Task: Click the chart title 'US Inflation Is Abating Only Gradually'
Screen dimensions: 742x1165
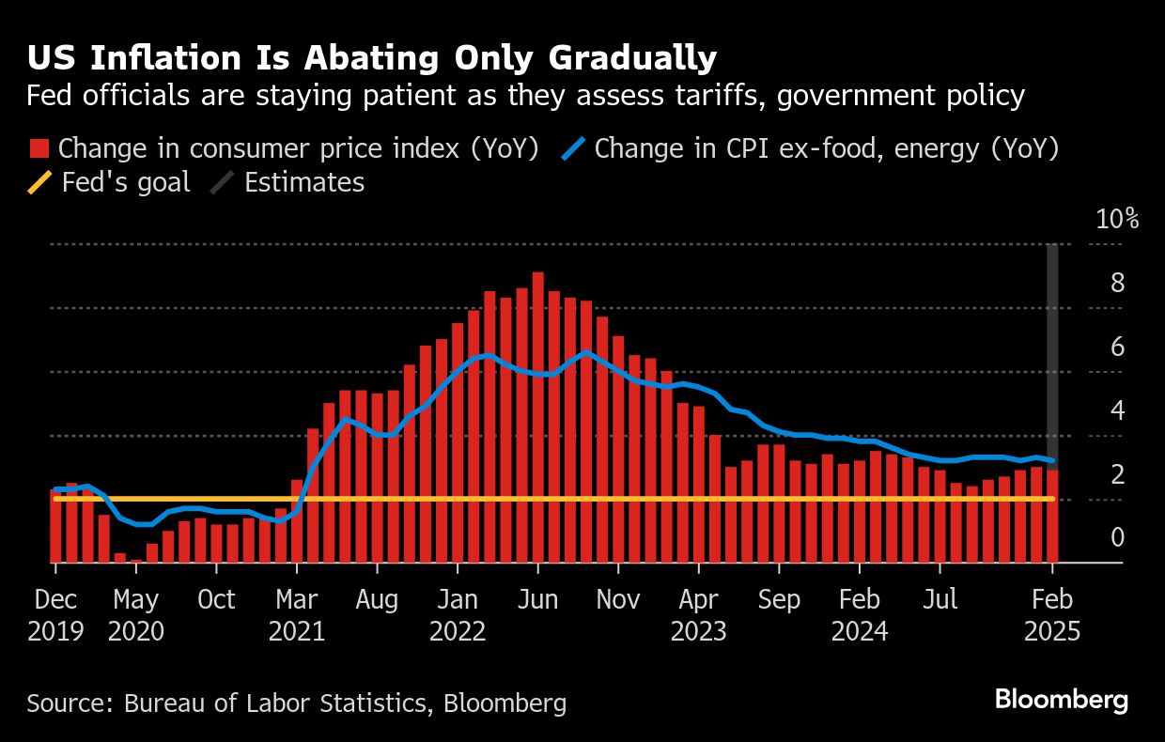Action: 371,58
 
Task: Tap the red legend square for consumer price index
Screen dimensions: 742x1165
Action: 39,148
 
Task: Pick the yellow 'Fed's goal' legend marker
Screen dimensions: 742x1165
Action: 39,181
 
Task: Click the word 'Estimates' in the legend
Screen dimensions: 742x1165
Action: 303,181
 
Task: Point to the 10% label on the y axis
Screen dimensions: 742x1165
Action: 1117,220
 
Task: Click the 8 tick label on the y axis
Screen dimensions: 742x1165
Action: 1117,284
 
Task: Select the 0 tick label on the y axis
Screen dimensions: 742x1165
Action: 1117,537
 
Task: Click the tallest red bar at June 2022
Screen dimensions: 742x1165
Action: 538,413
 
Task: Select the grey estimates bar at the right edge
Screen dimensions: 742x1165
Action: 1053,348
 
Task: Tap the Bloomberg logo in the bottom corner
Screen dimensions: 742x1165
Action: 1061,700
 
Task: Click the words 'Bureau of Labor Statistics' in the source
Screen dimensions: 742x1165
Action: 264,703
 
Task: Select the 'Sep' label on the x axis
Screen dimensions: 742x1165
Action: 779,600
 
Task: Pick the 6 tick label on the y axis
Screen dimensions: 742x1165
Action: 1117,348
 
